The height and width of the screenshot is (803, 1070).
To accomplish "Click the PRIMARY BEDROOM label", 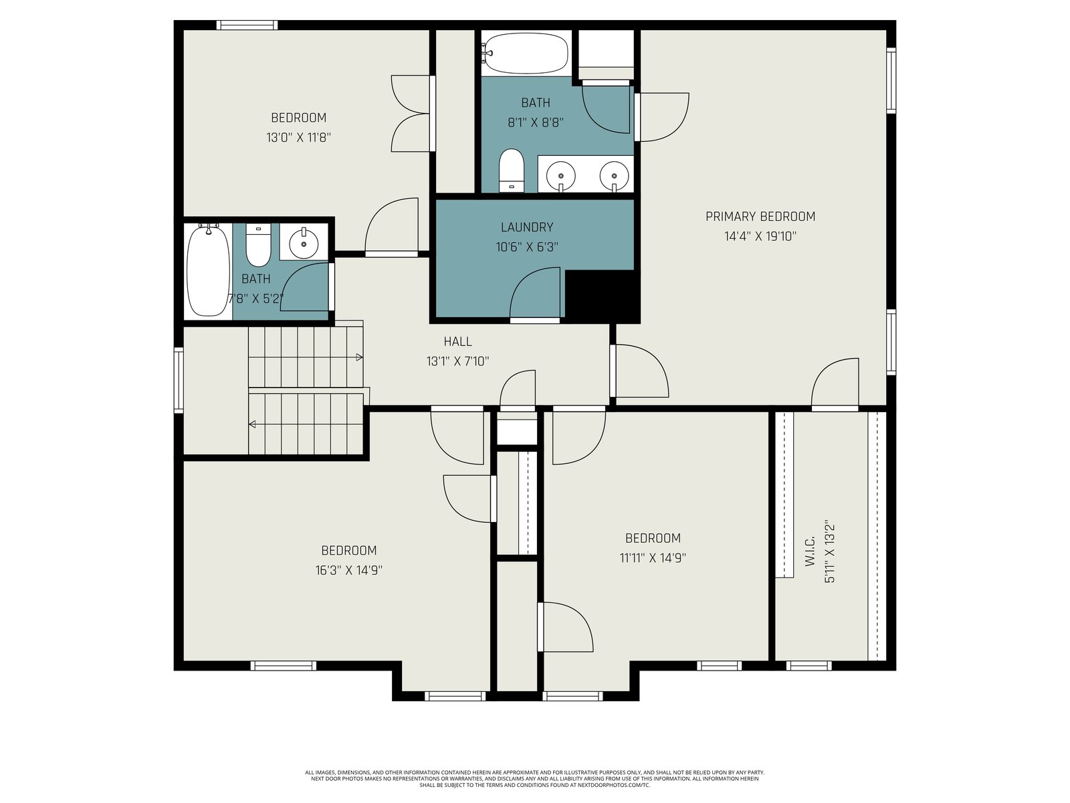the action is [x=760, y=216].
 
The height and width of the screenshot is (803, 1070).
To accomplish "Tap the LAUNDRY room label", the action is [x=527, y=228].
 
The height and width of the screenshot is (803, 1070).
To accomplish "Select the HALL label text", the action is [x=457, y=341].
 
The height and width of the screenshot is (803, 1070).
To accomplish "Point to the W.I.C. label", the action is [x=810, y=551].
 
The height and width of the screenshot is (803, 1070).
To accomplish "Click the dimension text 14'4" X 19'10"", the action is [x=760, y=236].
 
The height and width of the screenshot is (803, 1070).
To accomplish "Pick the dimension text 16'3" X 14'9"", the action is [x=348, y=570].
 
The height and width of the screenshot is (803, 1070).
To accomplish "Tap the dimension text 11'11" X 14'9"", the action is [x=653, y=558].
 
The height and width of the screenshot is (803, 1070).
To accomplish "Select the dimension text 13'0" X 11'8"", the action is [x=298, y=137].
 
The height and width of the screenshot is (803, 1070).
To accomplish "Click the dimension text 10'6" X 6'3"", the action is [x=527, y=247].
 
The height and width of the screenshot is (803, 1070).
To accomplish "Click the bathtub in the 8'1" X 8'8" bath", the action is [x=526, y=53].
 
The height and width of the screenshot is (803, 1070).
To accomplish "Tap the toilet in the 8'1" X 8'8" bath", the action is [x=512, y=171].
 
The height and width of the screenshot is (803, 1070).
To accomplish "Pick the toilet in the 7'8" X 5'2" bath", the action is [x=258, y=245].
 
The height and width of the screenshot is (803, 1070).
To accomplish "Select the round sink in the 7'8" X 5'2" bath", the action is [x=304, y=242].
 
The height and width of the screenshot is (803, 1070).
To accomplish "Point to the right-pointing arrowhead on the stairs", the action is [x=359, y=357].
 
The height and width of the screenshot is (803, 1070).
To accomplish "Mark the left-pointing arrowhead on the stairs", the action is [x=252, y=425].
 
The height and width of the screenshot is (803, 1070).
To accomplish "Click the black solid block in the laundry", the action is [x=602, y=295].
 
